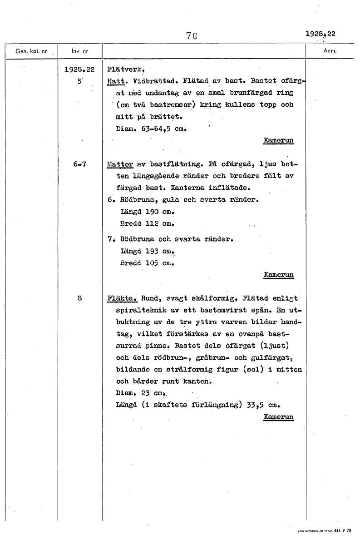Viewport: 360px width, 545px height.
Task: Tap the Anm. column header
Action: click(x=329, y=51)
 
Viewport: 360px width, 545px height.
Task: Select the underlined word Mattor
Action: click(x=120, y=164)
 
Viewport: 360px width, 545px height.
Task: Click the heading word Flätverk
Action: click(x=122, y=70)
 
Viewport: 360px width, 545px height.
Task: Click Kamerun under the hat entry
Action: click(x=278, y=140)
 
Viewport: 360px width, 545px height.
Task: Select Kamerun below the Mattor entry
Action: click(x=278, y=275)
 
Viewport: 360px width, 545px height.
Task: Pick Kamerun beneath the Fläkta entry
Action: click(x=278, y=416)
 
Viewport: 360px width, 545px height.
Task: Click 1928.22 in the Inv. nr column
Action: click(x=79, y=70)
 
